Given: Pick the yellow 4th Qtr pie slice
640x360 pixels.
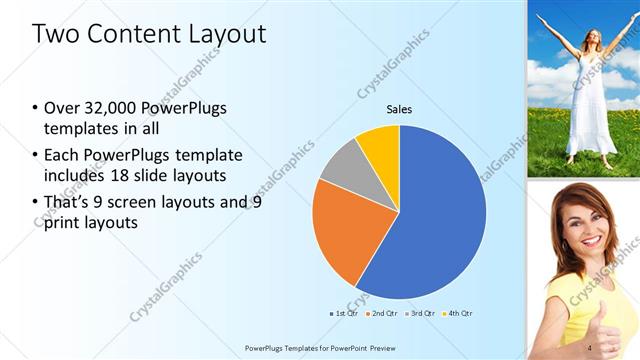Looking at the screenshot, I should pyautogui.click(x=381, y=145).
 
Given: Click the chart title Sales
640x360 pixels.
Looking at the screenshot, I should pyautogui.click(x=399, y=109).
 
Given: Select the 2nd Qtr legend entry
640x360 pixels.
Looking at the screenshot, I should pyautogui.click(x=383, y=314).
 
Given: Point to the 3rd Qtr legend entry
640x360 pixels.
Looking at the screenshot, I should pyautogui.click(x=421, y=314).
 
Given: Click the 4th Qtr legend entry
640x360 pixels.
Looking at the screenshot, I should pyautogui.click(x=458, y=314).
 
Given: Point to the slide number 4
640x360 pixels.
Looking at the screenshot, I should pyautogui.click(x=590, y=347).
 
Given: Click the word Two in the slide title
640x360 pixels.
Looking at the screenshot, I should pyautogui.click(x=55, y=34).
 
